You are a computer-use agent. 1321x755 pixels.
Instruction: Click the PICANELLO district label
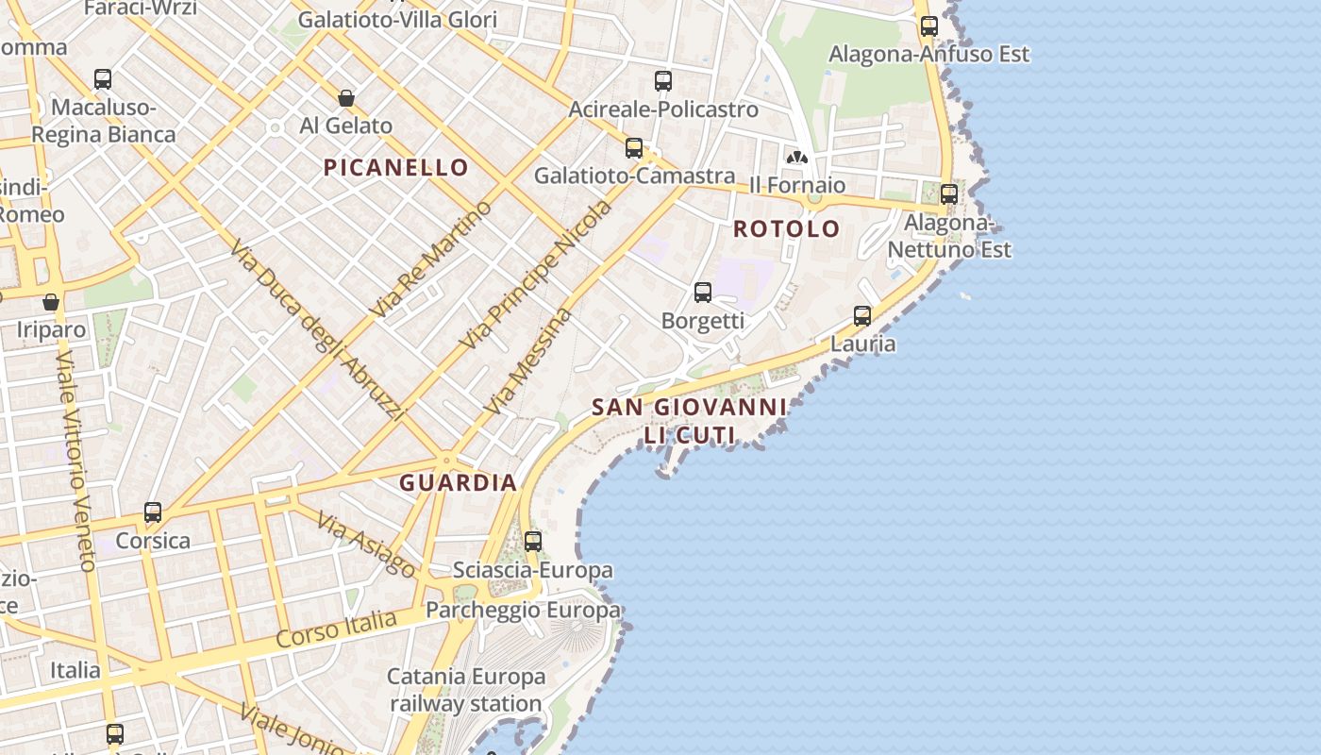coord(396,168)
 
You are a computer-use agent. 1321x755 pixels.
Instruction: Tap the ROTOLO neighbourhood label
coord(786,228)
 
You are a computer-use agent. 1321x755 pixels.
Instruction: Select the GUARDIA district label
coord(459,483)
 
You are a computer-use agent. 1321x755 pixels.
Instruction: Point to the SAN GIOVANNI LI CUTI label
coord(689,421)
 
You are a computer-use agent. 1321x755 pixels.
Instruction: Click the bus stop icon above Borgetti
coord(703,293)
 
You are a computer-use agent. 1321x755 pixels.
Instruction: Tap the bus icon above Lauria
coord(862,316)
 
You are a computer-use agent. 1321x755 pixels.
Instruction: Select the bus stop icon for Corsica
coord(153,512)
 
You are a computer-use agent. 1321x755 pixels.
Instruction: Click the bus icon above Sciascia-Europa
coord(533,542)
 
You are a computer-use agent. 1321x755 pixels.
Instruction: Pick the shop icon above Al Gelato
coord(346,98)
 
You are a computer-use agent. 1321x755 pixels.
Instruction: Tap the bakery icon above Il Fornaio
coord(797,157)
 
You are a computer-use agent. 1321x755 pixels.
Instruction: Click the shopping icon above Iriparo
coord(51,302)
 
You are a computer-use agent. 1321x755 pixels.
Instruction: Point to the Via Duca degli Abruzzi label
coord(317,329)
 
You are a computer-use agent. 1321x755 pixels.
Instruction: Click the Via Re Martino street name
coord(432,259)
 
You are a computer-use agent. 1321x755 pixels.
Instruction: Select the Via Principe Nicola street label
coord(535,275)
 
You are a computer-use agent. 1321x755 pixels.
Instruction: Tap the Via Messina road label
coord(528,361)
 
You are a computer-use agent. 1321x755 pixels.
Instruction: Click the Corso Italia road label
coord(337,629)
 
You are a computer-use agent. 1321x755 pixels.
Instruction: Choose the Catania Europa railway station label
coord(466,690)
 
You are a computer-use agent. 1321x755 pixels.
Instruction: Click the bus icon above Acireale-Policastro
coord(663,81)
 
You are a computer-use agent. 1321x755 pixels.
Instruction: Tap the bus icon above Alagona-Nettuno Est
coord(949,194)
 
